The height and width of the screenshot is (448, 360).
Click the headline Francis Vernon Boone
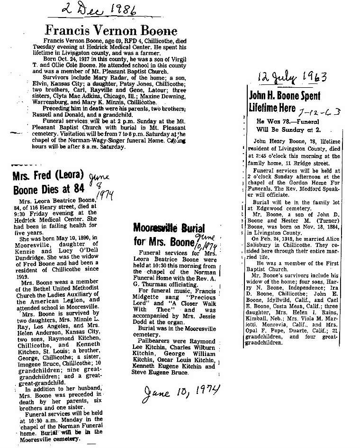[111, 31]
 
